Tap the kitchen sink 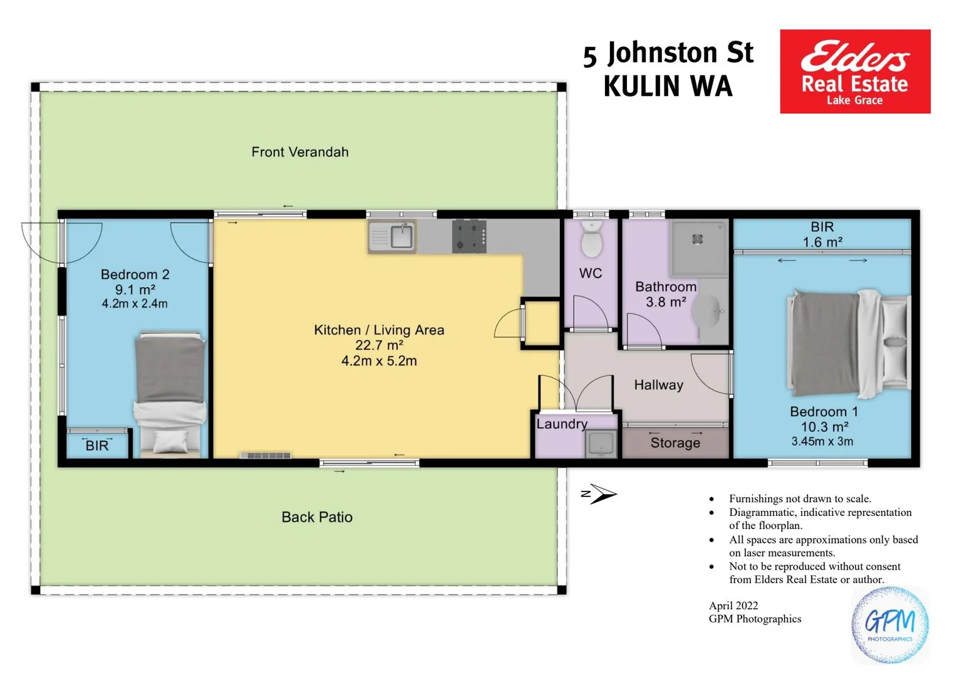(393, 236)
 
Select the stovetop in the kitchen (469, 236)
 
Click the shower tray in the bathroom (698, 246)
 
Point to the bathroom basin (711, 312)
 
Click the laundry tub (601, 444)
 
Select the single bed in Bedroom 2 (170, 394)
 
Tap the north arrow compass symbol (599, 494)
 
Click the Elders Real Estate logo (854, 71)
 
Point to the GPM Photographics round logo (889, 625)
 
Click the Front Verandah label (300, 152)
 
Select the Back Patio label (317, 517)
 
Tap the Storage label (675, 443)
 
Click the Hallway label (658, 385)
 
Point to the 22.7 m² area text (379, 345)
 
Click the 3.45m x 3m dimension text (822, 441)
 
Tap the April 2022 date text (733, 606)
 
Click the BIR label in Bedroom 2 (97, 446)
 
